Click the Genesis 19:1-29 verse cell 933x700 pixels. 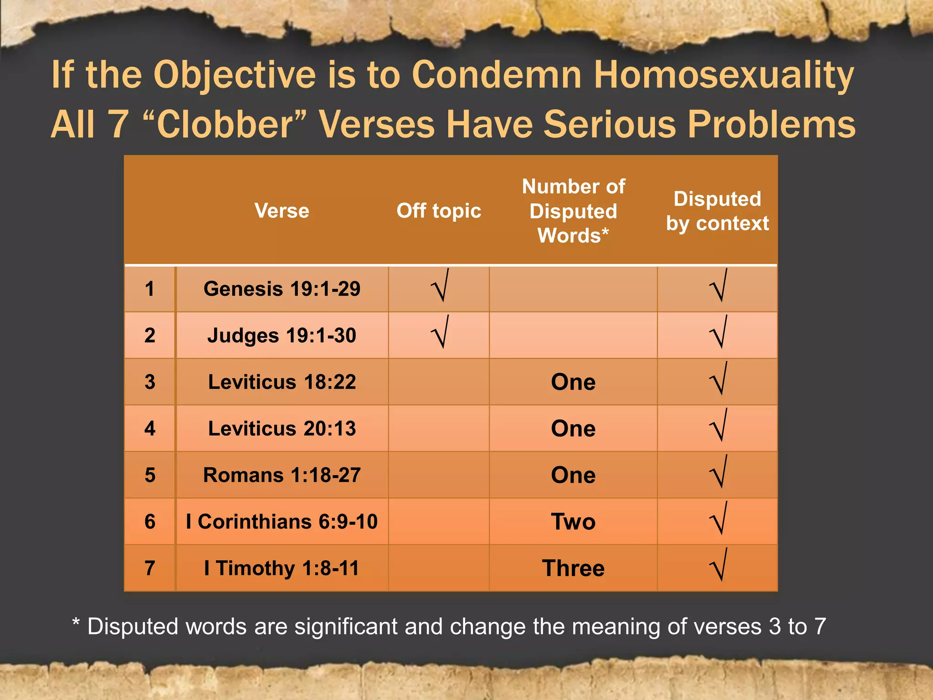282,289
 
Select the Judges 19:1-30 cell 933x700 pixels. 282,336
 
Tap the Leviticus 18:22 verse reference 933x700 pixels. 282,382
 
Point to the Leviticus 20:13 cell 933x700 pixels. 282,428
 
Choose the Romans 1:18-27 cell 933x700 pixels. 282,475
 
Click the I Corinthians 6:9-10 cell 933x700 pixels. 282,521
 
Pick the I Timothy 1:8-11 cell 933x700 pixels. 282,568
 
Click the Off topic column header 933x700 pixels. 439,211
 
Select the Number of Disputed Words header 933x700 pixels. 573,211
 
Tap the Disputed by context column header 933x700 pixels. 717,211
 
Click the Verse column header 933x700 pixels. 282,211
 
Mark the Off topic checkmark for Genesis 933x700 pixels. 441,286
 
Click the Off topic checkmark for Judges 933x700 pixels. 441,333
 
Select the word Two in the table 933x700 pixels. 573,521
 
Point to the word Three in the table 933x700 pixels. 573,568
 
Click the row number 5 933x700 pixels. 150,475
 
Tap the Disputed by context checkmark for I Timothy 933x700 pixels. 718,565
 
